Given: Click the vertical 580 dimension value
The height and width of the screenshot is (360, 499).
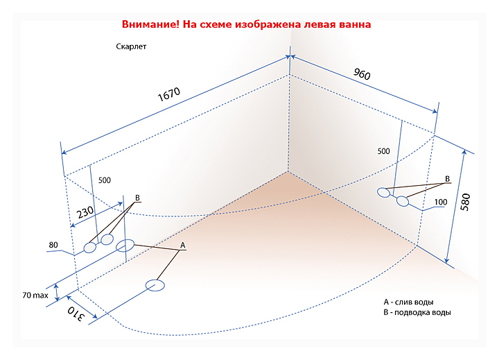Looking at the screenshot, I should tap(466, 200).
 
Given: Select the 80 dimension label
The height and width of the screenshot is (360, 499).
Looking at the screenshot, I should tap(53, 245).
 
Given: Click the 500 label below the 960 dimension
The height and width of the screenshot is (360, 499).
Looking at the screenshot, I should tap(384, 151).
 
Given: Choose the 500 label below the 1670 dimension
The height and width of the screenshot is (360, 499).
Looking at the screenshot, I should tap(105, 180).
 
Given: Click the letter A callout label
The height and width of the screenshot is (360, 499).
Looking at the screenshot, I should tap(183, 246).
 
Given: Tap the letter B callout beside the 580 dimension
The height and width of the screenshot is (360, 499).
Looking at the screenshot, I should tap(448, 180).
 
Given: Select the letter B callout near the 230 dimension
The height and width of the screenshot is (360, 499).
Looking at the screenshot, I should tap(138, 198).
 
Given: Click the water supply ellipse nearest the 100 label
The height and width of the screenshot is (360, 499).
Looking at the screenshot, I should tap(403, 201).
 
